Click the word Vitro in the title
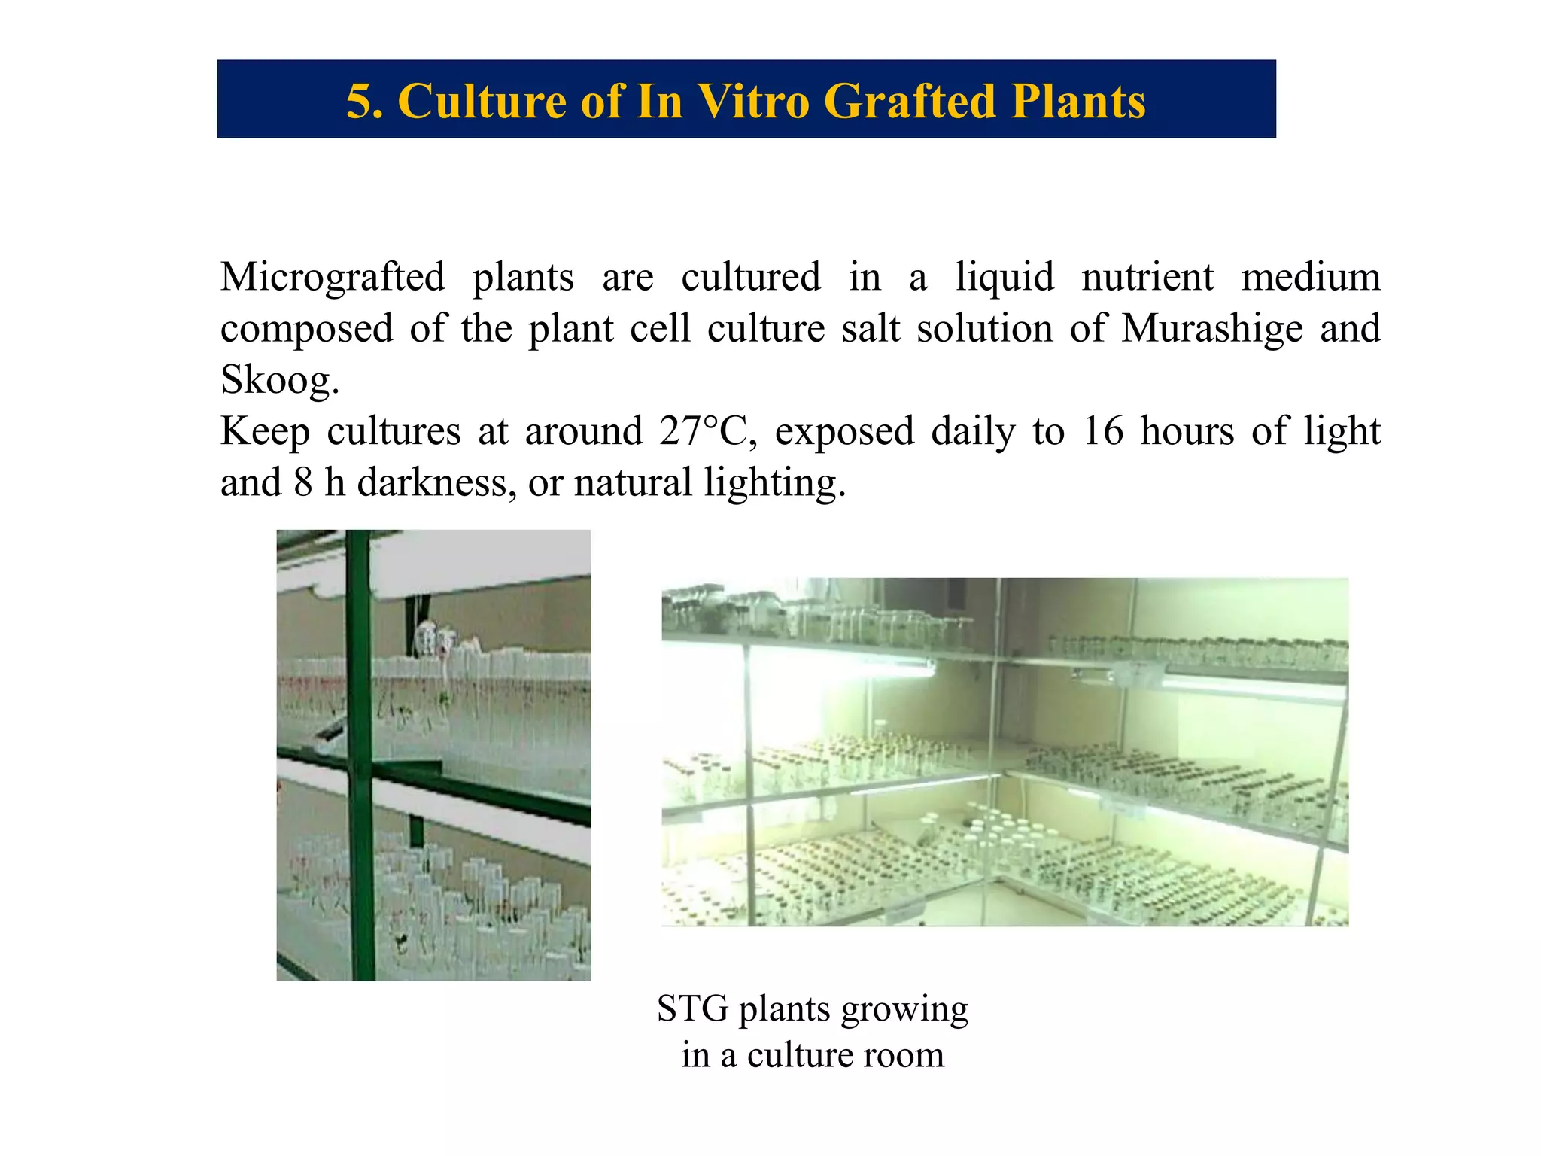(x=753, y=101)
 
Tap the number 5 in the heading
(x=358, y=101)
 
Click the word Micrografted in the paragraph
(x=333, y=278)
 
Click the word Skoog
(x=279, y=380)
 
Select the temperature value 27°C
(x=707, y=431)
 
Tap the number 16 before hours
(x=1102, y=431)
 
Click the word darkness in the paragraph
(x=436, y=482)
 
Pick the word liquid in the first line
(x=1005, y=278)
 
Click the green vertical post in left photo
(x=360, y=753)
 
